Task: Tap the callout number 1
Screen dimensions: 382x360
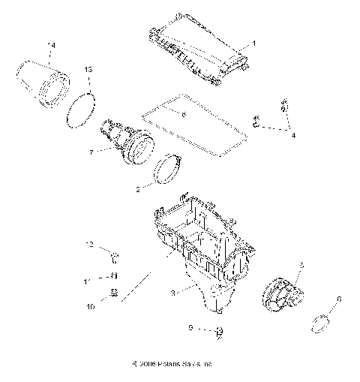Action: (x=253, y=44)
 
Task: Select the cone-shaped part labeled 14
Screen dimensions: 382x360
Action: (x=44, y=83)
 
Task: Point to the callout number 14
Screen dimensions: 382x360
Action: (x=51, y=47)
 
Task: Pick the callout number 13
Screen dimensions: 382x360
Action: (x=88, y=69)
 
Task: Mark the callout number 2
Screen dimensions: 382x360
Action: (x=136, y=190)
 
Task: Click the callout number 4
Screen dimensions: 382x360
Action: (x=293, y=136)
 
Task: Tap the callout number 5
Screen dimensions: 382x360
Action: (x=301, y=265)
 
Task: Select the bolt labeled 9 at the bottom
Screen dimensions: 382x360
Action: (x=220, y=331)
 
